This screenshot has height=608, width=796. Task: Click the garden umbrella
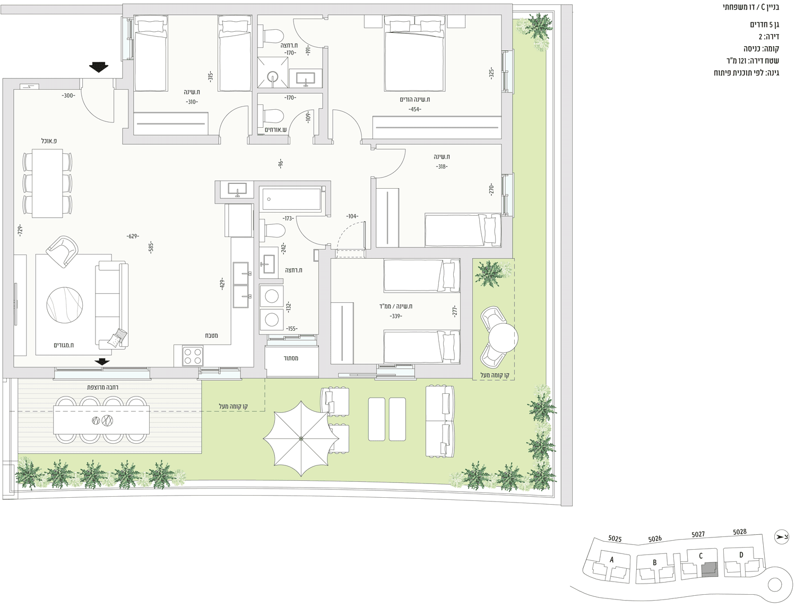301,438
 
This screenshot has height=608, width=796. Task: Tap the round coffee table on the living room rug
65,305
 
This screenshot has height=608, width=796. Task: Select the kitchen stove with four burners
193,356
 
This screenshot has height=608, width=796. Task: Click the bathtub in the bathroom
291,198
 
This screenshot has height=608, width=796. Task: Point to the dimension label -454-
415,109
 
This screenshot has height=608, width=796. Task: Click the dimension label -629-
133,236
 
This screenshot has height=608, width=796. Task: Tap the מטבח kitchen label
211,336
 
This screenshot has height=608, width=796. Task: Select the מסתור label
291,358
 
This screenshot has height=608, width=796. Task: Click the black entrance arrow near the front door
99,67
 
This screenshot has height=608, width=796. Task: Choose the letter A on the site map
611,559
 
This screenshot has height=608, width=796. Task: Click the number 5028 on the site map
740,532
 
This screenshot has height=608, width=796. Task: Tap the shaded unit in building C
710,570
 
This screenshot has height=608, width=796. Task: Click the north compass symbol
782,537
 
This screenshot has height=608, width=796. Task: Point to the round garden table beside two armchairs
503,338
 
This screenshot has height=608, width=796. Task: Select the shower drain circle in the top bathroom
273,77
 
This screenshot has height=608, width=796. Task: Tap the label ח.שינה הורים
415,99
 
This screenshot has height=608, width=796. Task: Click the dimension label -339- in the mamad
396,316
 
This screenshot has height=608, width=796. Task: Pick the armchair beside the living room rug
63,251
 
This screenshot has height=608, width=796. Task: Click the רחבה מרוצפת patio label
102,387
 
